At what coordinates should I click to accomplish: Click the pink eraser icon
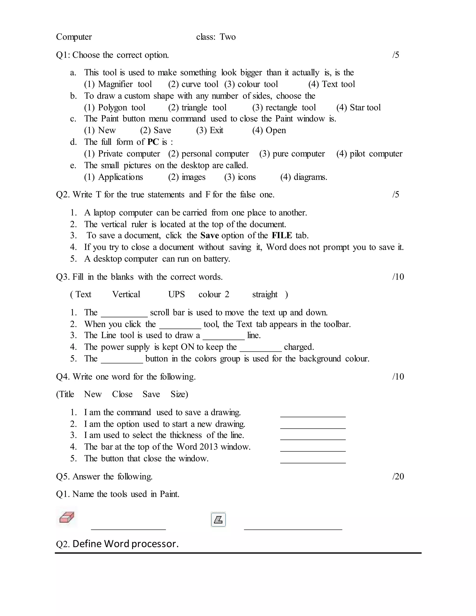67,517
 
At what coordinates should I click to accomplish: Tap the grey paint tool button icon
218,519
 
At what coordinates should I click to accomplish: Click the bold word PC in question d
153,142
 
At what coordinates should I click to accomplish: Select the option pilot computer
369,154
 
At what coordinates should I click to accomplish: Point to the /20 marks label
398,476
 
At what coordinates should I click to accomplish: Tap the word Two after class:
228,37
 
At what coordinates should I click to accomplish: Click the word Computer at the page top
74,37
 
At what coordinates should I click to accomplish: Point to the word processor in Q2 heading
155,544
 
